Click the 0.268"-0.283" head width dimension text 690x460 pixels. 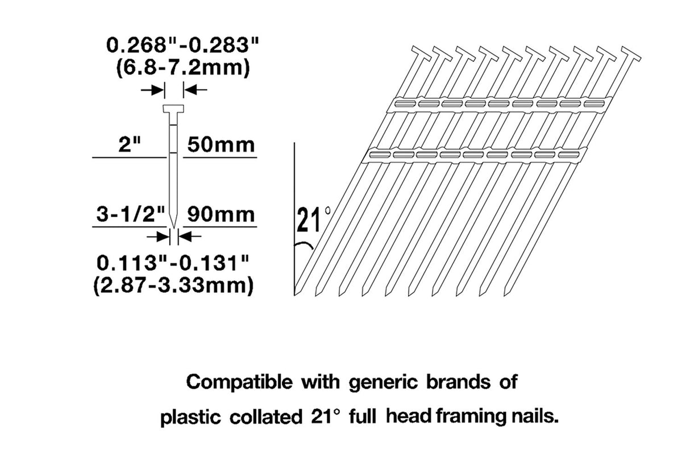coord(182,45)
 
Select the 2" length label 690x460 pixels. coord(130,144)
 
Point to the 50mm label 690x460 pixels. coord(221,145)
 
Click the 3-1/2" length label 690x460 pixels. coord(131,214)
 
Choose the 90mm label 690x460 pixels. coord(221,214)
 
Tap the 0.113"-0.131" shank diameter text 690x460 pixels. coord(173,263)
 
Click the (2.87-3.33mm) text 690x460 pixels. coord(173,286)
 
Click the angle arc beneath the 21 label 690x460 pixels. coord(304,244)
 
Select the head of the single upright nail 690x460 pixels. coord(173,109)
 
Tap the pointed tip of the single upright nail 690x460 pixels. coord(174,229)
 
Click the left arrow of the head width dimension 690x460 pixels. coord(152,90)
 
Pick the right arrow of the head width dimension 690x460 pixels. coord(196,90)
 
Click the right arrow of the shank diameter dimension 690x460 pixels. coord(190,237)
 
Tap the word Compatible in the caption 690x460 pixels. coord(239,382)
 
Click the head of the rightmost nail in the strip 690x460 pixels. coord(631,53)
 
